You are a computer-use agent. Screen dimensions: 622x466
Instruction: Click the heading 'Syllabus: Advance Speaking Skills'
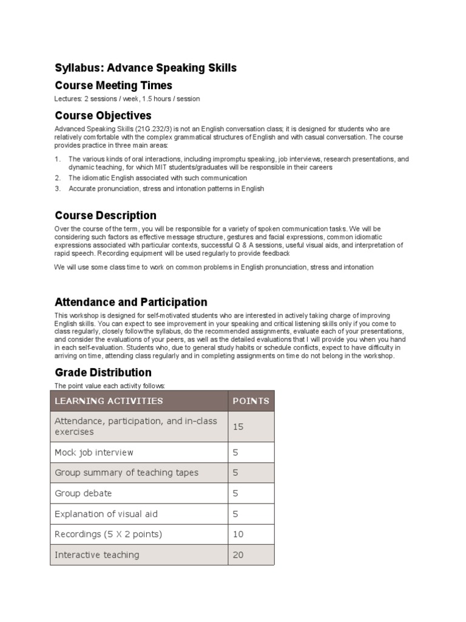146,67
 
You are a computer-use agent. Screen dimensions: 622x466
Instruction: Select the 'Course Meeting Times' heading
113,85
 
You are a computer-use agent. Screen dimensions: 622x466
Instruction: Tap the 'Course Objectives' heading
103,115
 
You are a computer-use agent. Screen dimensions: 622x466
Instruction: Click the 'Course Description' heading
106,215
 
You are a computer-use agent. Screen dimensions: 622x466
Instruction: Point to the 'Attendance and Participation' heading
131,302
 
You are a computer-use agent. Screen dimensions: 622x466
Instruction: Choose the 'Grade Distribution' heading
103,372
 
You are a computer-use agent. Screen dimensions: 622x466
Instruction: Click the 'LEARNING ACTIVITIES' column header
109,401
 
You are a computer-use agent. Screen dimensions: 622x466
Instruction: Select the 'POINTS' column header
251,401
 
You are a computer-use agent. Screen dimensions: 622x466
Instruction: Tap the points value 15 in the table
238,427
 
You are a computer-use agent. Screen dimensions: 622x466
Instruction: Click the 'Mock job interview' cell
94,453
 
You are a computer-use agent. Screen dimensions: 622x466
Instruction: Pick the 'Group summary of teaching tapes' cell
126,473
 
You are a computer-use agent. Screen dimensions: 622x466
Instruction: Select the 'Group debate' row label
83,493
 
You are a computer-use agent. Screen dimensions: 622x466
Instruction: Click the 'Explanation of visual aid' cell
106,514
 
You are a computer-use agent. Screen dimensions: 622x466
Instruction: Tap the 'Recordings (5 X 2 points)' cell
109,535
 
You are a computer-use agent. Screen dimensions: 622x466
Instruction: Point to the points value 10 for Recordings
238,535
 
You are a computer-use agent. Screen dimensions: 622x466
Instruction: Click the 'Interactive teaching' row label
97,555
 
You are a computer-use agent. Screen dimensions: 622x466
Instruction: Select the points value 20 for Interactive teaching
238,555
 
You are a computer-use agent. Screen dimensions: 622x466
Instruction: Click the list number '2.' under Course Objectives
58,178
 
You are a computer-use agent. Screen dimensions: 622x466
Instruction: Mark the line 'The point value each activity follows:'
109,386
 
